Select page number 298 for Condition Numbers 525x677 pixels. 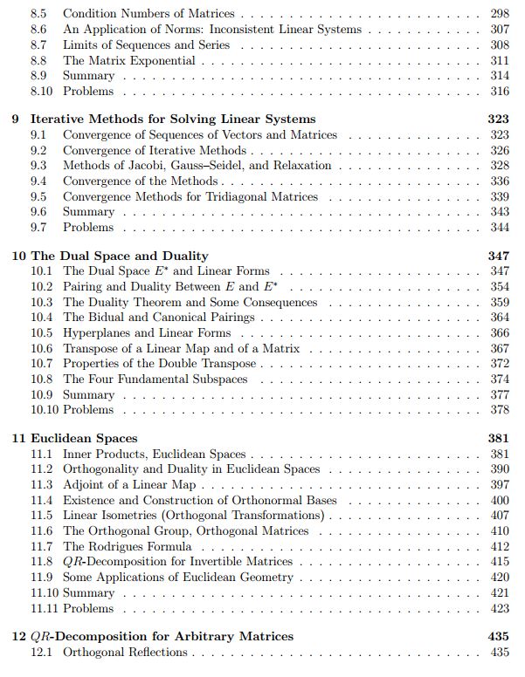pos(498,15)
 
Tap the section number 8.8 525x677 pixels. pos(38,61)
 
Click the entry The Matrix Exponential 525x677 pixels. pos(129,61)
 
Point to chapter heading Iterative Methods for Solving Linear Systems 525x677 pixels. pos(173,119)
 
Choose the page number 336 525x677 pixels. pos(498,181)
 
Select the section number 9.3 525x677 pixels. pos(38,166)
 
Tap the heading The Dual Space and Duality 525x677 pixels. pos(120,256)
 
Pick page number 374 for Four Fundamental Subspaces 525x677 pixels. pos(498,380)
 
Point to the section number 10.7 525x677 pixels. pos(42,364)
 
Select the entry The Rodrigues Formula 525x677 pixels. pos(127,546)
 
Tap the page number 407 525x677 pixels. pos(498,516)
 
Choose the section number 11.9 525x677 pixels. pos(42,578)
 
